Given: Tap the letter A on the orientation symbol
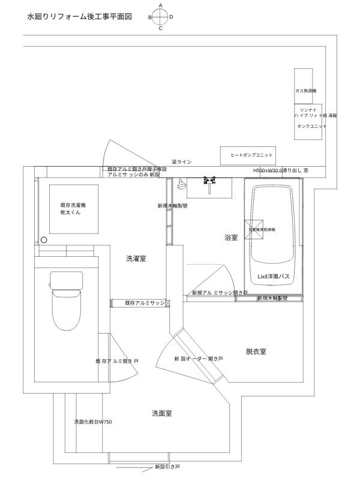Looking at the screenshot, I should point(160,5).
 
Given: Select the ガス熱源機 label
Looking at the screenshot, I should point(305,91).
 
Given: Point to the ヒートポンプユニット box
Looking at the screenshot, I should point(251,155).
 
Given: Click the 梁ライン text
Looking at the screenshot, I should point(181,162).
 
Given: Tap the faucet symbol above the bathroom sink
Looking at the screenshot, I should point(209,181).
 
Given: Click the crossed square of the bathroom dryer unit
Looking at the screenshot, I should point(255,229).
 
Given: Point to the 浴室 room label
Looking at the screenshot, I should point(230,238).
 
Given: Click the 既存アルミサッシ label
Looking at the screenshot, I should point(145,303).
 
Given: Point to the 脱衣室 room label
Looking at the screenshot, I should point(256,350).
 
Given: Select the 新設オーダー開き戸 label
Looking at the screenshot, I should point(199,358).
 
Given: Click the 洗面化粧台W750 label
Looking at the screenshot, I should point(93,422).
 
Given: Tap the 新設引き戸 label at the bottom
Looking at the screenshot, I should point(167,466).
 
